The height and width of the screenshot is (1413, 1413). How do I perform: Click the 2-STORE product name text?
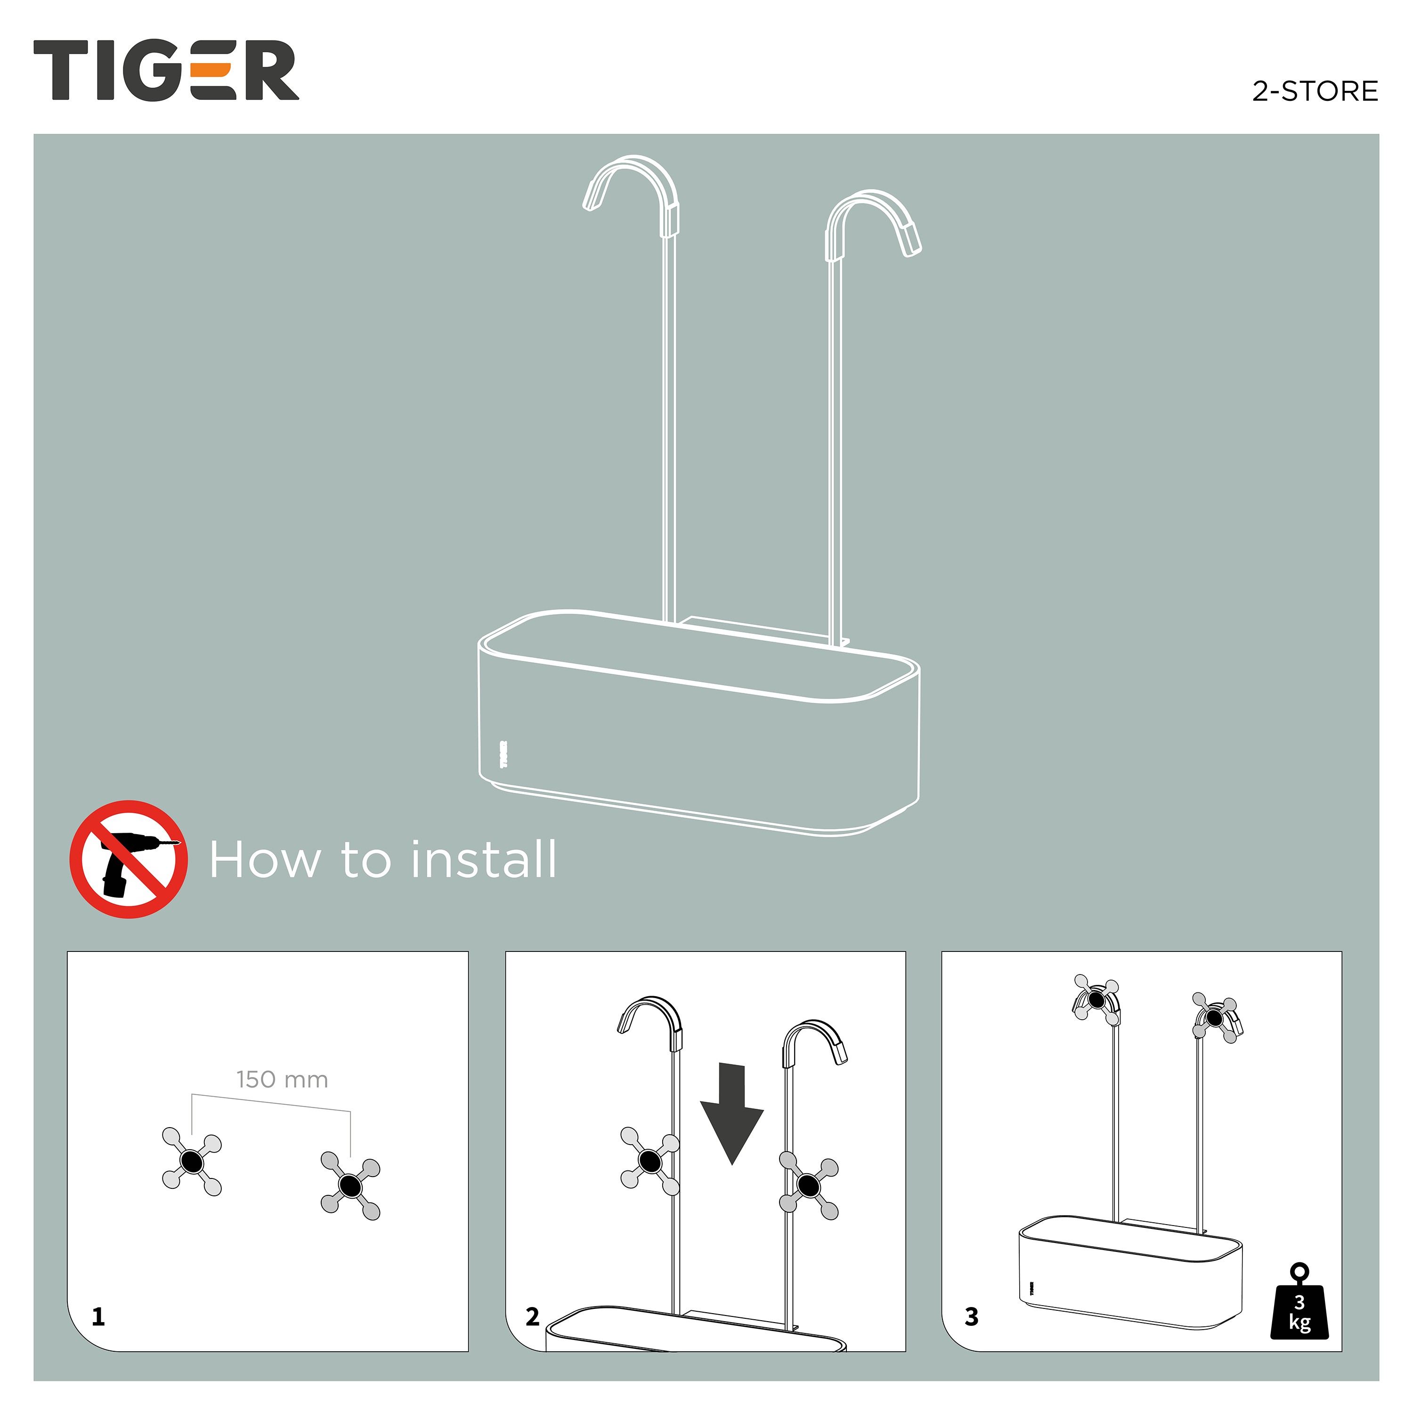tap(1315, 91)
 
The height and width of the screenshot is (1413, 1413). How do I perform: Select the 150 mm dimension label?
tap(282, 1080)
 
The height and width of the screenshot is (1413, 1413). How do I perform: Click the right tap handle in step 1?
tap(350, 1186)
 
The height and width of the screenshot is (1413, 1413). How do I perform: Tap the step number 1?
tap(98, 1317)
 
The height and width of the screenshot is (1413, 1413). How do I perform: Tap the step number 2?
tap(532, 1317)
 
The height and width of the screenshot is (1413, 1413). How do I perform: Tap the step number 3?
tap(971, 1317)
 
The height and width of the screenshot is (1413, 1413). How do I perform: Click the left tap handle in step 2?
tap(650, 1161)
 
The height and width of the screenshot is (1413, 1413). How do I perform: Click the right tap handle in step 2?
tap(808, 1186)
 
